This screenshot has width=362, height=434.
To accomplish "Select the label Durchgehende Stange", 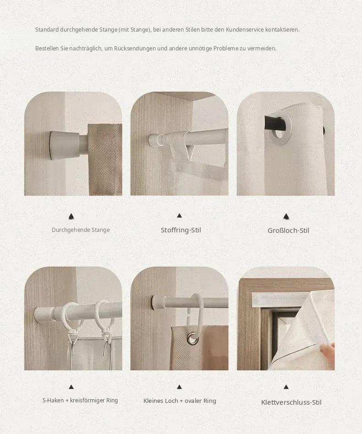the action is (81, 230).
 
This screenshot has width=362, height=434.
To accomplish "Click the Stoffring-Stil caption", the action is (181, 230).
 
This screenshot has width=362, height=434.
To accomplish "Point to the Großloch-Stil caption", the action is (288, 230).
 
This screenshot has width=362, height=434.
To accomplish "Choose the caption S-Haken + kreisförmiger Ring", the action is (80, 400).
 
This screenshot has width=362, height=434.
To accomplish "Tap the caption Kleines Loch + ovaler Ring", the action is (180, 401).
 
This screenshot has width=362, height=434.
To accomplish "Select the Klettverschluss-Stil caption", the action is (291, 402).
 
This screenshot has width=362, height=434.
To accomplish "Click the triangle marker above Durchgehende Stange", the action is (71, 216).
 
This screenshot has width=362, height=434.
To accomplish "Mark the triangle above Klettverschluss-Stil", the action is (286, 387).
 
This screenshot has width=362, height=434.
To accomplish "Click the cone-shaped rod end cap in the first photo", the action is (65, 143).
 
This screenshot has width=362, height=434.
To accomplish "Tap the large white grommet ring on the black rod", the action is (280, 129).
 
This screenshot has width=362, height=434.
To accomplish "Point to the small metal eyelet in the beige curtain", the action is (193, 339).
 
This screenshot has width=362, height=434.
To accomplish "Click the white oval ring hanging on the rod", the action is (197, 307).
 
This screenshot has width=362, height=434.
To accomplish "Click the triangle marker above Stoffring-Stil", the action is (179, 215).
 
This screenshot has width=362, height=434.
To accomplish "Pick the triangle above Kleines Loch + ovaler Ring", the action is (179, 387).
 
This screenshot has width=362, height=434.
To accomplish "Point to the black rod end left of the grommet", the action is (272, 123).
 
